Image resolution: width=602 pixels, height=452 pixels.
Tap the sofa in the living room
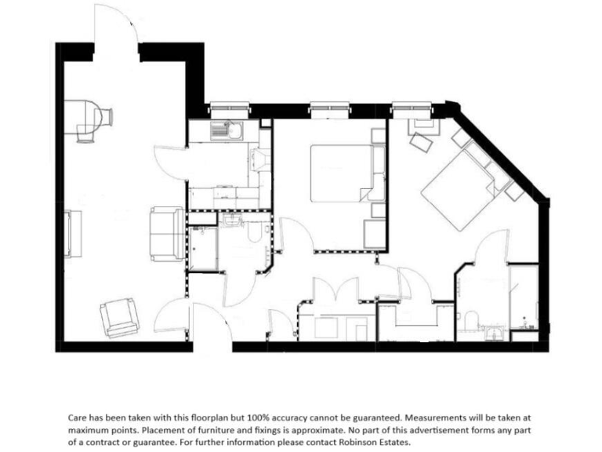(x=166, y=234)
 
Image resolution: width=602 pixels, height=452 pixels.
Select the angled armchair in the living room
(x=119, y=317)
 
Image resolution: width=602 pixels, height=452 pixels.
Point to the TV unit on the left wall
(x=74, y=233)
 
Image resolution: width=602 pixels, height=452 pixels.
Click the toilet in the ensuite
(x=471, y=321)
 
